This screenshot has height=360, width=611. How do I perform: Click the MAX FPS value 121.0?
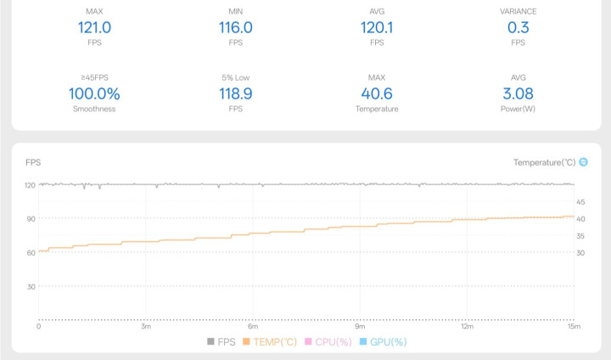(94, 27)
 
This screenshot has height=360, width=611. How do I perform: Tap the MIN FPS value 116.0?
(235, 27)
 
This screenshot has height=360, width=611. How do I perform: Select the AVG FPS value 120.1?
(377, 27)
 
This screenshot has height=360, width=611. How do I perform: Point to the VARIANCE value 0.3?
(519, 27)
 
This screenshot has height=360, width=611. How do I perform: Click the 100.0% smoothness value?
(94, 93)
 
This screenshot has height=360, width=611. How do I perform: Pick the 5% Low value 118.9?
(235, 93)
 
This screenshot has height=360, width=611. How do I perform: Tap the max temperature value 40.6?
(377, 93)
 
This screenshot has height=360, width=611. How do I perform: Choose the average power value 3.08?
(519, 93)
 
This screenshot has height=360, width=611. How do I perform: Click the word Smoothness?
(94, 109)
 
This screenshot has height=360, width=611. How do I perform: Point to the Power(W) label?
(519, 109)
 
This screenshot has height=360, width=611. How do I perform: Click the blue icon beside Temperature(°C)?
(583, 162)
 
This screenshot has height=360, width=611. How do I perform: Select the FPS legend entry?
(221, 341)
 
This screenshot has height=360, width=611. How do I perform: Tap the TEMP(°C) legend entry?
(270, 341)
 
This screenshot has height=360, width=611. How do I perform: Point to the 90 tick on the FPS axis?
(31, 218)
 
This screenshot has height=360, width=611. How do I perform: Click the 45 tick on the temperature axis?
(580, 202)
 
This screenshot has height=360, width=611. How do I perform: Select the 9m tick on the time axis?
(360, 327)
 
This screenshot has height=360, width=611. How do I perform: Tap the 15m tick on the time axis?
(574, 327)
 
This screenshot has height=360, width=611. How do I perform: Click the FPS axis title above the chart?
(33, 162)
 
